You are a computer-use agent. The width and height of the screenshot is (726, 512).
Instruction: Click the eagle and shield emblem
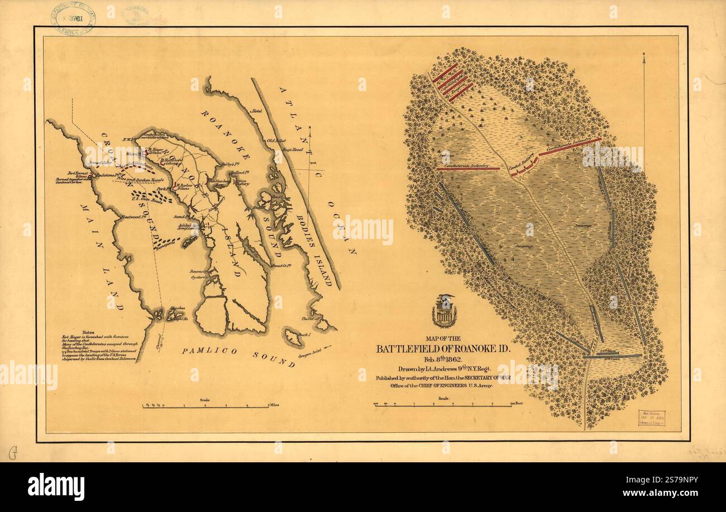(445, 311)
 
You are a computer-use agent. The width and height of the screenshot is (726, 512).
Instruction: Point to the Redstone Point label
(104, 175)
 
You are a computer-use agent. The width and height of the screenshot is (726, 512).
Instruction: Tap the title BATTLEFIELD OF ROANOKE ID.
(443, 349)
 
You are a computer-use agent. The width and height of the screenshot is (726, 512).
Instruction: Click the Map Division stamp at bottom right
(651, 418)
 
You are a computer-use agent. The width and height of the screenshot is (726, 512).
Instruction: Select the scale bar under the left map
(206, 406)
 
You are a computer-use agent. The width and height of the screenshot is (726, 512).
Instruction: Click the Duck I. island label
(304, 334)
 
